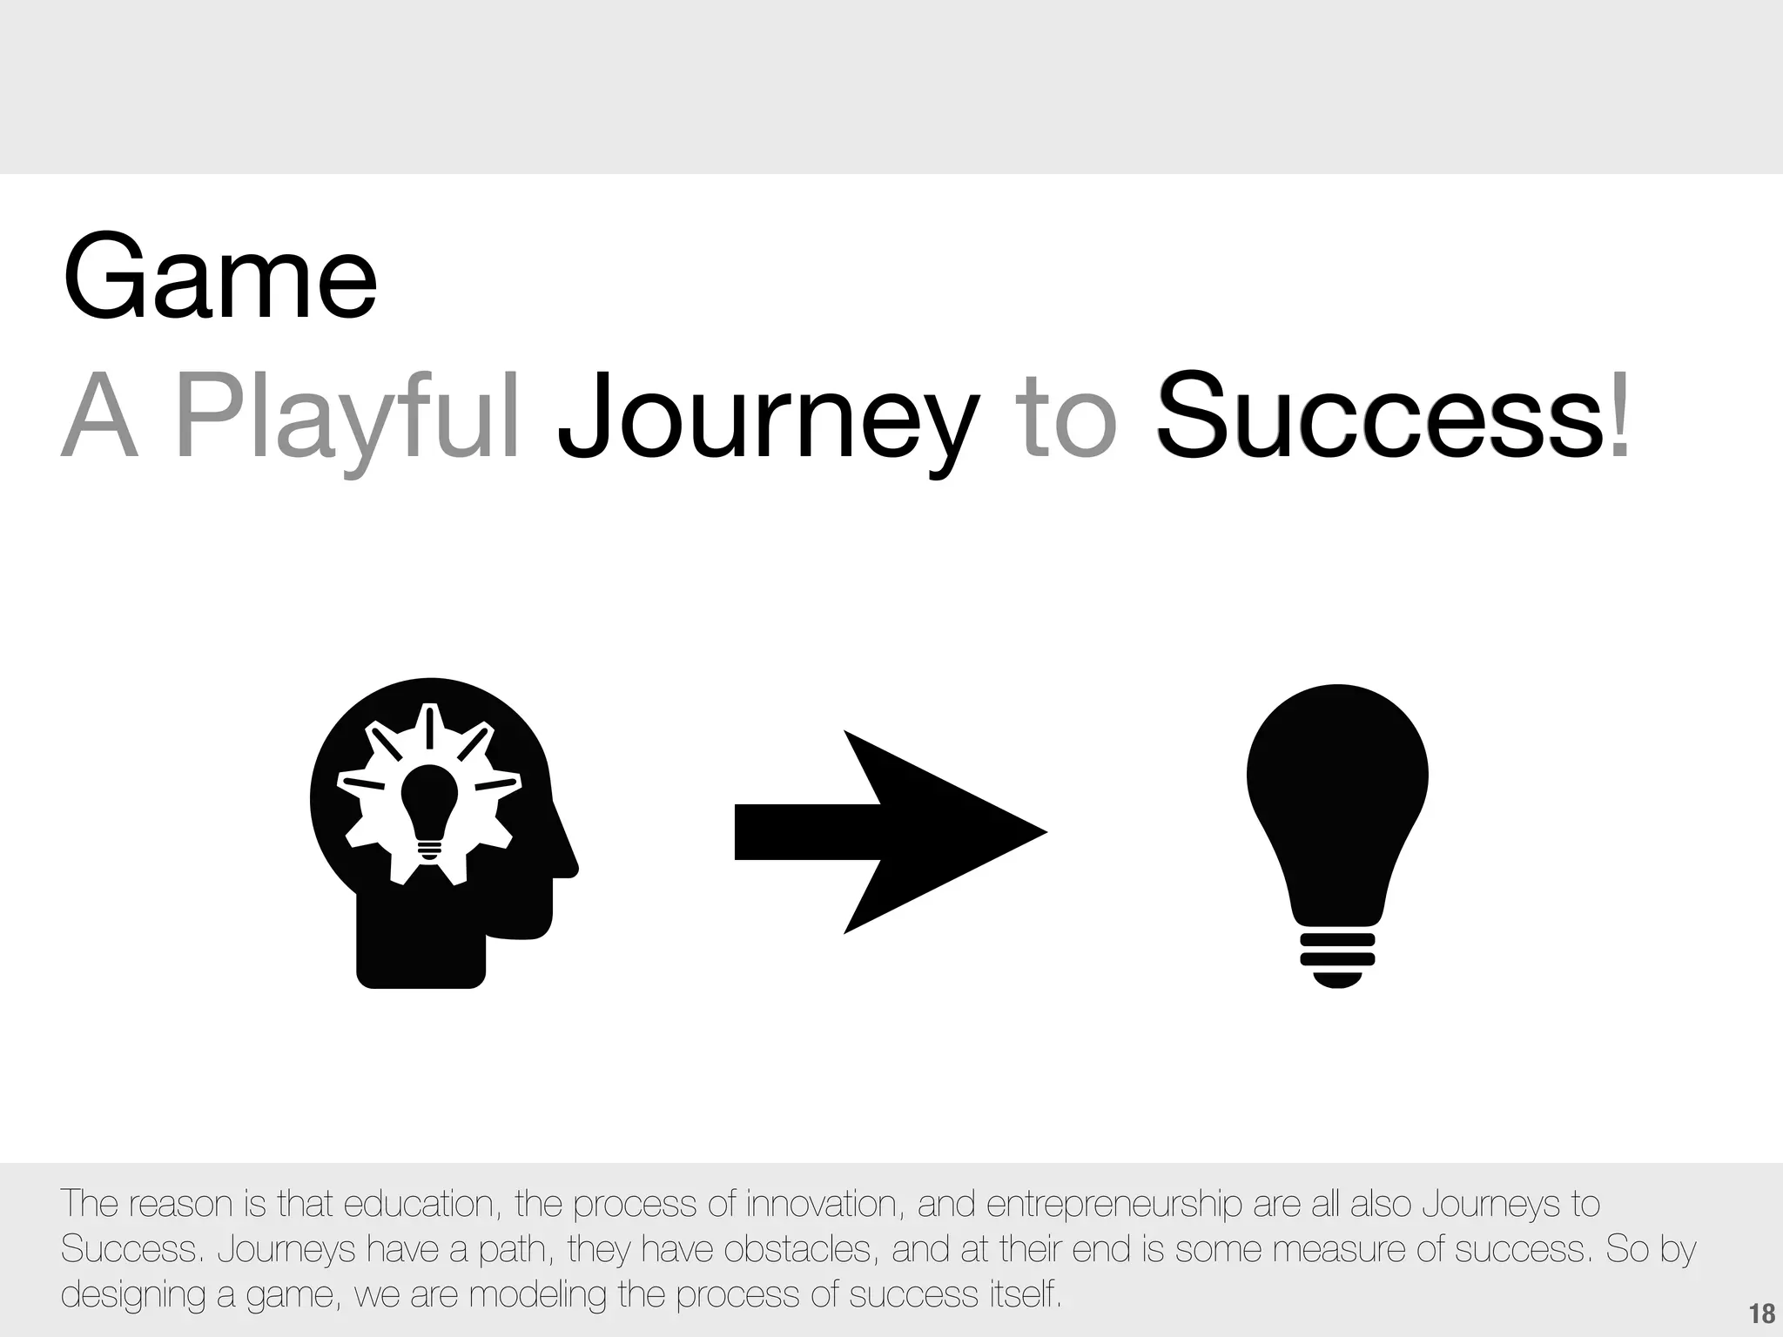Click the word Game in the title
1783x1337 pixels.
(x=219, y=278)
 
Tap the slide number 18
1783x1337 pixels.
(x=1761, y=1313)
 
